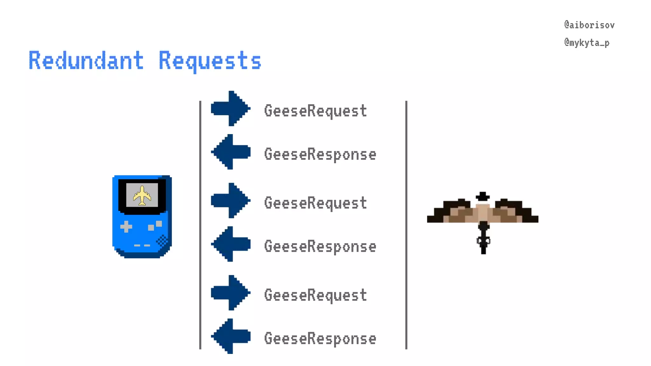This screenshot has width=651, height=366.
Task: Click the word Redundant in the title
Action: point(86,60)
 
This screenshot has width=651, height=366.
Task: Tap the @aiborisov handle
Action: point(589,25)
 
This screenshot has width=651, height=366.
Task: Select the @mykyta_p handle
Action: point(587,43)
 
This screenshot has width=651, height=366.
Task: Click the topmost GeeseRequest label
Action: point(315,111)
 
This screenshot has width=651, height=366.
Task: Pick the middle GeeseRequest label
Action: point(315,203)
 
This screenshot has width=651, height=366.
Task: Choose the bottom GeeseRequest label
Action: point(315,295)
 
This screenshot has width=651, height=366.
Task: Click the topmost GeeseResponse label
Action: point(320,154)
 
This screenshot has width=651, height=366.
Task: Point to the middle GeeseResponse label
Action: point(320,247)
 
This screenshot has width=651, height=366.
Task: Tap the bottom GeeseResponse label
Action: point(320,339)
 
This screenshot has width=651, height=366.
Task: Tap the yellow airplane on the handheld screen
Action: point(142,195)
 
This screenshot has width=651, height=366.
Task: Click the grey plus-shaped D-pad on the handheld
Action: point(126,227)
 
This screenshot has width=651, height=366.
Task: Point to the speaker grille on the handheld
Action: point(162,241)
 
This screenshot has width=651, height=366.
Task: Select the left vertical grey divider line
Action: point(200,225)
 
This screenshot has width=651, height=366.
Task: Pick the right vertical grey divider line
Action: point(406,225)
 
